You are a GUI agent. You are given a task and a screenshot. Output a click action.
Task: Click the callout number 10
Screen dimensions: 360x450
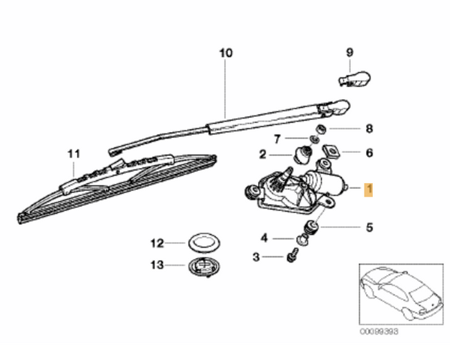[226, 53]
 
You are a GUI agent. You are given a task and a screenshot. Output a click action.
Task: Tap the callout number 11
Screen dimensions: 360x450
[73, 154]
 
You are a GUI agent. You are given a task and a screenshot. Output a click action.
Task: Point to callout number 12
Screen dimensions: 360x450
[156, 243]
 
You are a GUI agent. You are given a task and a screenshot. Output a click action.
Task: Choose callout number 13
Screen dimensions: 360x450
[156, 265]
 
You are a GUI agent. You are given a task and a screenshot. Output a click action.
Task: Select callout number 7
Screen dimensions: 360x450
[277, 139]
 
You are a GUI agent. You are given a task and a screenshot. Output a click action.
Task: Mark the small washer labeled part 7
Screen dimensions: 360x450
[299, 139]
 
